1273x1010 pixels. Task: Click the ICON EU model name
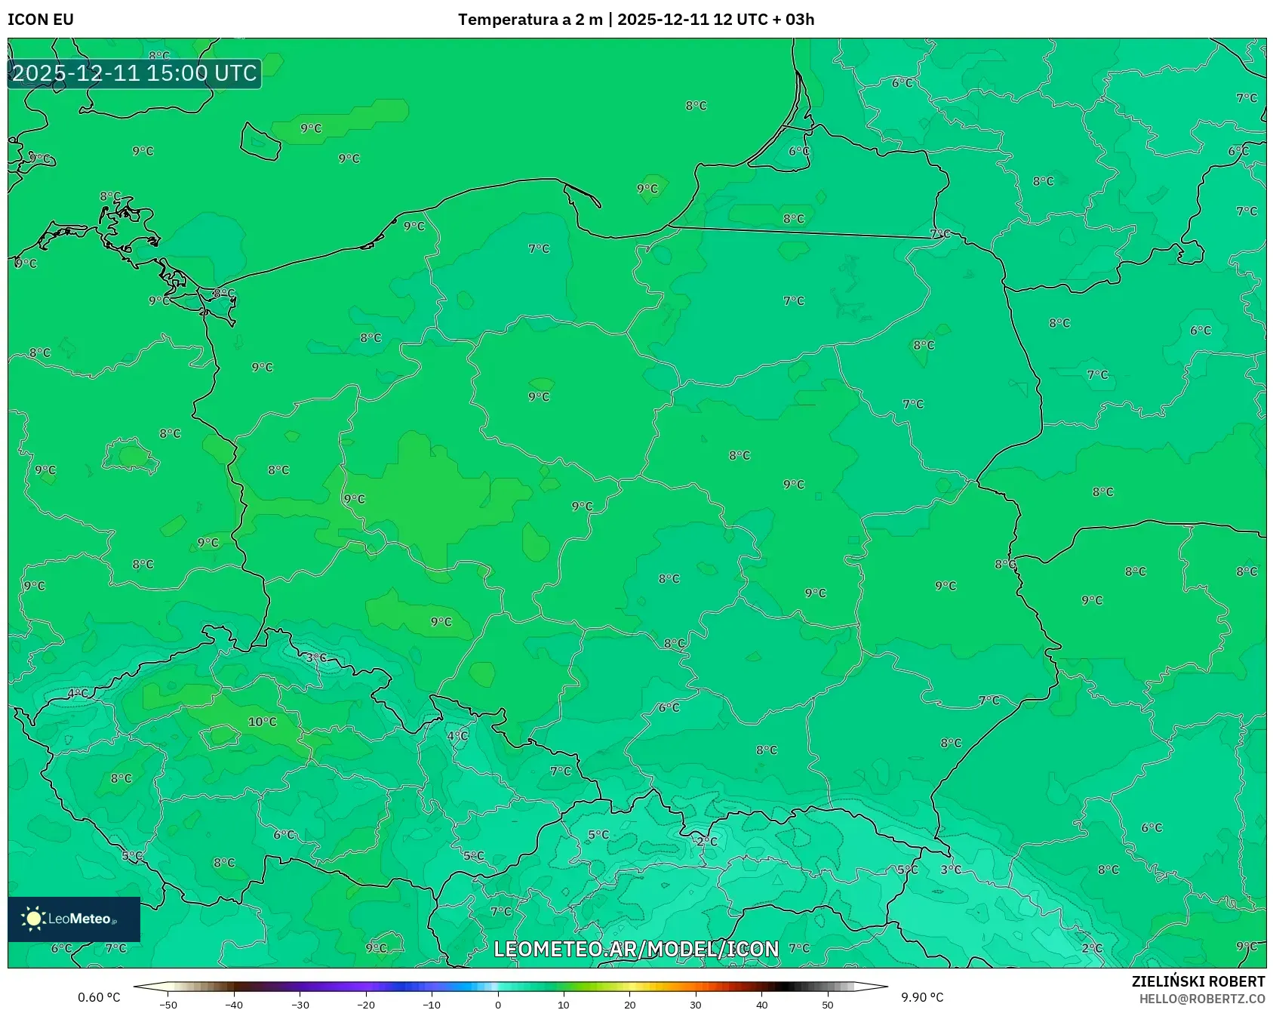point(41,20)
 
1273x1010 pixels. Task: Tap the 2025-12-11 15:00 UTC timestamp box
point(134,73)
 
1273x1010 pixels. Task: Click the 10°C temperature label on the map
point(263,722)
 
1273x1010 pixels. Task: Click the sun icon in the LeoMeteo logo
point(33,919)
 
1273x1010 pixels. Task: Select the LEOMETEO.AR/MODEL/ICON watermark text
point(636,949)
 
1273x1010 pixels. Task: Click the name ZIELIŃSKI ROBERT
point(1198,981)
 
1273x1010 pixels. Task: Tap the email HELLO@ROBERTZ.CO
point(1201,999)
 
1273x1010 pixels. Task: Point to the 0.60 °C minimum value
point(99,997)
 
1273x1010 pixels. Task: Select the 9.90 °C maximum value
point(922,997)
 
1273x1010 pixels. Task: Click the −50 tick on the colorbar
point(168,1005)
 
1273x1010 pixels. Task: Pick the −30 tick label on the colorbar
point(300,1005)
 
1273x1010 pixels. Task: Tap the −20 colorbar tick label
point(366,1005)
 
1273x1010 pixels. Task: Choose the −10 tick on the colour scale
point(432,1005)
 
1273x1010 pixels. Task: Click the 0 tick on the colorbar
point(498,1005)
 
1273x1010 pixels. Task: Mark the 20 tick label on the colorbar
point(630,1005)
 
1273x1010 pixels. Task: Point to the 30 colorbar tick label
point(696,1005)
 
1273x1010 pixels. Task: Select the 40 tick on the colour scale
point(762,1005)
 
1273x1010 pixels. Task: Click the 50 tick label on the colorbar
point(828,1005)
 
